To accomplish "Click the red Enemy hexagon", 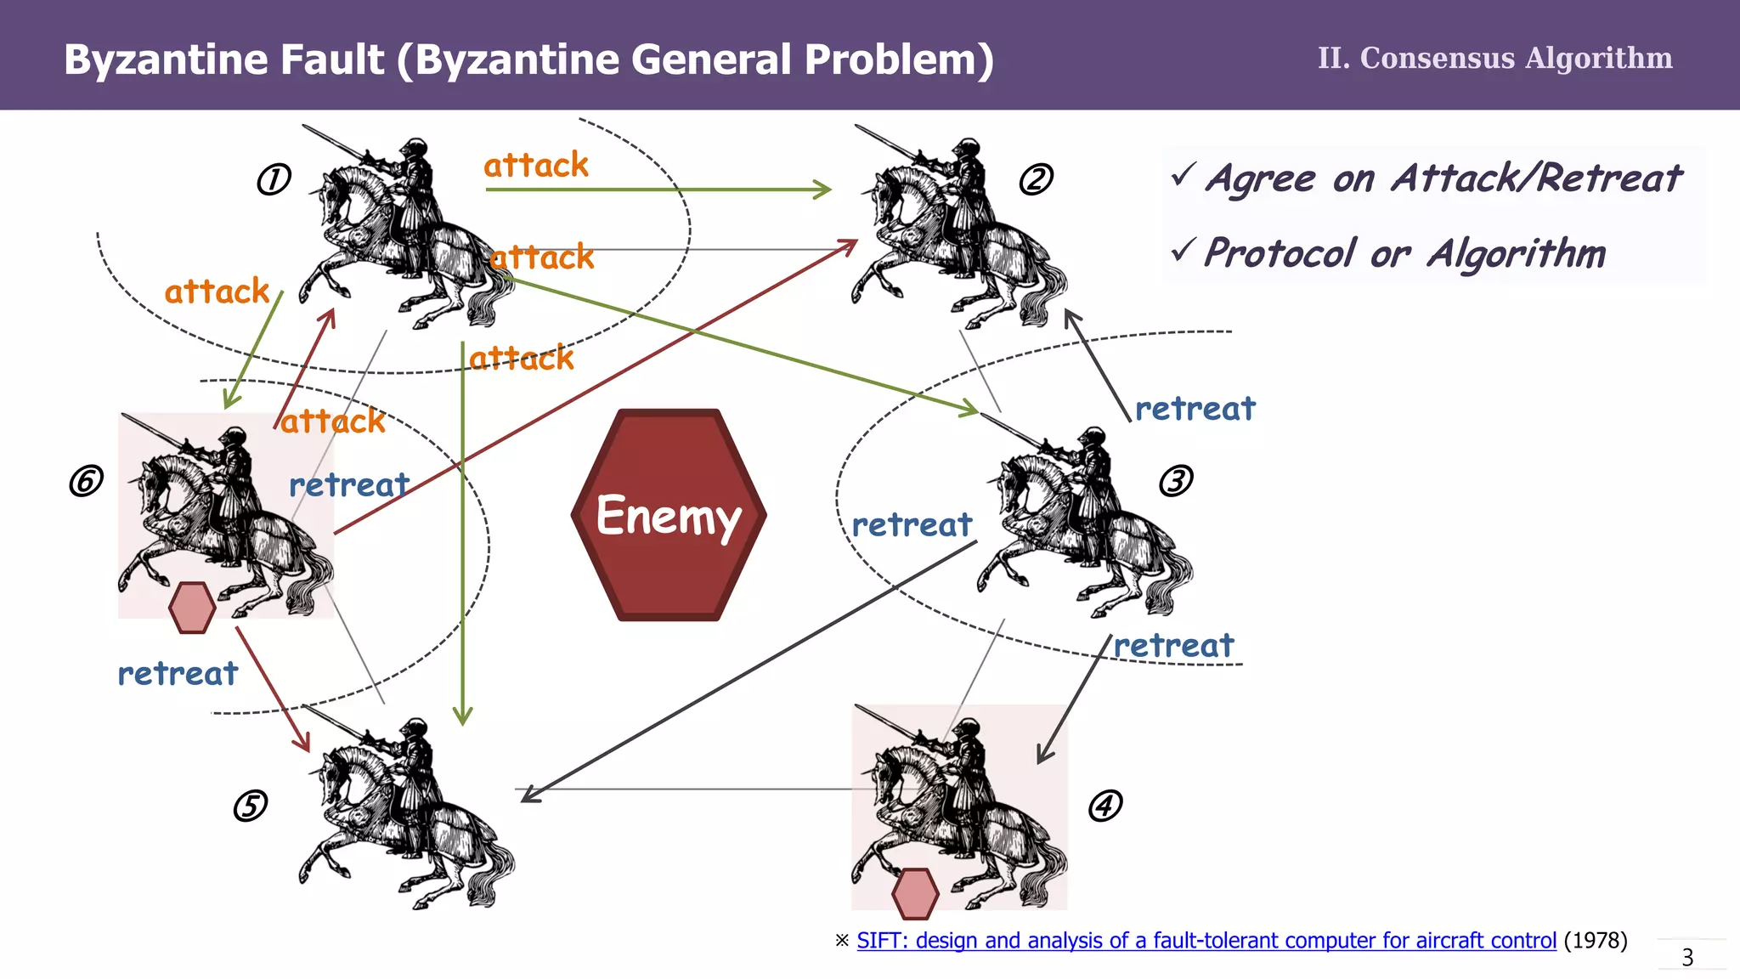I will point(669,515).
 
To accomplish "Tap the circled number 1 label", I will point(274,179).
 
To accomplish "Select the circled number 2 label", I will point(1036,179).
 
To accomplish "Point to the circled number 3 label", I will point(1176,481).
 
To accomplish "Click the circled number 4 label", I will point(1105,805).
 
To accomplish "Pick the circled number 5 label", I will point(250,806).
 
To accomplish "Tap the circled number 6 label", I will point(86,481).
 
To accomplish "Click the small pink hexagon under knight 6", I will point(192,608).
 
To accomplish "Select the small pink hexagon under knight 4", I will point(915,894).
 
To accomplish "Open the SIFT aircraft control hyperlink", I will point(1206,941).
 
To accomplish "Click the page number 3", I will point(1687,958).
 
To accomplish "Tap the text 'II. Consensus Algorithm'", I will point(1494,58).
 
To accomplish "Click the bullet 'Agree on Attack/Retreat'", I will point(1443,178).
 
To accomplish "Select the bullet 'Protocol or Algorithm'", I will point(1404,253).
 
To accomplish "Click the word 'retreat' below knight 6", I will point(178,673).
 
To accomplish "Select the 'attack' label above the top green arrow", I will point(536,165).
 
